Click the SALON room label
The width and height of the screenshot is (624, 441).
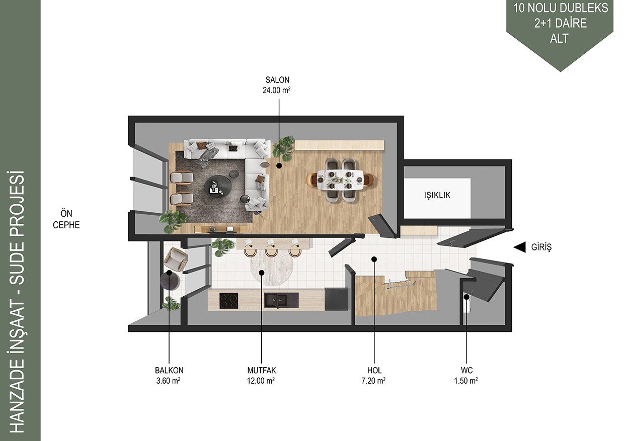pyautogui.click(x=277, y=80)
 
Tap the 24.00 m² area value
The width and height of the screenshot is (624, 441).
pyautogui.click(x=277, y=90)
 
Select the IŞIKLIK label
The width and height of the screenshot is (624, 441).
pyautogui.click(x=437, y=195)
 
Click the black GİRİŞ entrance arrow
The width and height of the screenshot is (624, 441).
pyautogui.click(x=519, y=247)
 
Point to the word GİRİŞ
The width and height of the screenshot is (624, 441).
pyautogui.click(x=541, y=247)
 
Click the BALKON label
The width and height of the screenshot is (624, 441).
pyautogui.click(x=169, y=371)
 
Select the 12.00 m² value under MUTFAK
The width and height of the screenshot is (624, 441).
pyautogui.click(x=261, y=381)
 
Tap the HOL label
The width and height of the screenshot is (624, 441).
pyautogui.click(x=374, y=371)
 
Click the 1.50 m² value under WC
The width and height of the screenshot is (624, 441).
pyautogui.click(x=466, y=381)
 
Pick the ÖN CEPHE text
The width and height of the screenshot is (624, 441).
pyautogui.click(x=66, y=219)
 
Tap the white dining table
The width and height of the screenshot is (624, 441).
pyautogui.click(x=340, y=180)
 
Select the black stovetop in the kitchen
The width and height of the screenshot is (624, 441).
pyautogui.click(x=228, y=301)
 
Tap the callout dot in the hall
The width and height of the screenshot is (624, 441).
pyautogui.click(x=374, y=259)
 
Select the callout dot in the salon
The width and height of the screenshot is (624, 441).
pyautogui.click(x=279, y=166)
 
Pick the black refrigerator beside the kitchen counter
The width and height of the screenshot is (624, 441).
pyautogui.click(x=337, y=300)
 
